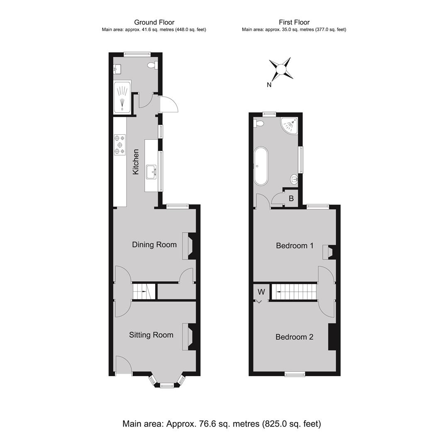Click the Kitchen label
[x=136, y=162]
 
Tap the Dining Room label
[x=154, y=245]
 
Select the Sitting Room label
[x=151, y=335]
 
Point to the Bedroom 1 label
[x=295, y=246]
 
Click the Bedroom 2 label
[x=294, y=337]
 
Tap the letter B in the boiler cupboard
[x=291, y=198]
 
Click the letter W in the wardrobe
[x=261, y=292]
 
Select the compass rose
[x=281, y=69]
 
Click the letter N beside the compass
[x=269, y=85]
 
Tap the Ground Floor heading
[x=154, y=22]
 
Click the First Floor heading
[x=294, y=22]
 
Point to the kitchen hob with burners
[x=120, y=145]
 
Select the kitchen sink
[x=151, y=172]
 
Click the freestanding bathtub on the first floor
[x=261, y=166]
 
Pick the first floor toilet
[x=258, y=124]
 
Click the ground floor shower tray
[x=122, y=96]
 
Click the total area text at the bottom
[x=222, y=424]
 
